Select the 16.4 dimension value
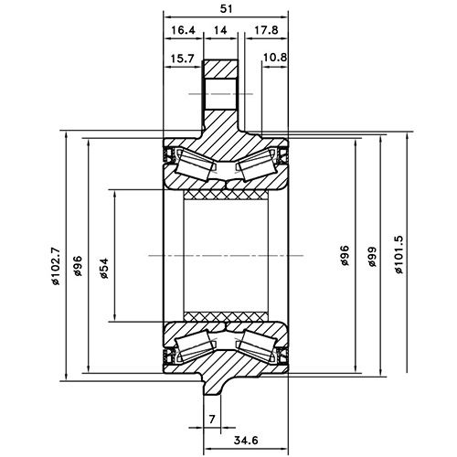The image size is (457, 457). (x=183, y=30)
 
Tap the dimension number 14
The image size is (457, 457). (x=220, y=30)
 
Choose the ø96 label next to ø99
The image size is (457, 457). (x=345, y=256)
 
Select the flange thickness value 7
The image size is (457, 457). (x=211, y=418)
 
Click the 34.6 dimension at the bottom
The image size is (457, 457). (x=245, y=441)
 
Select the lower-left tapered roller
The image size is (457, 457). (x=197, y=345)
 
